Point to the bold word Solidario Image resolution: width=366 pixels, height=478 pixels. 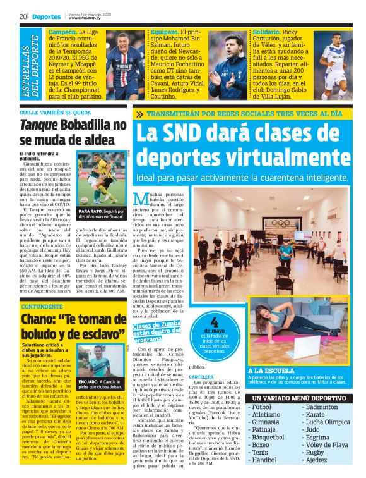[x=268, y=31]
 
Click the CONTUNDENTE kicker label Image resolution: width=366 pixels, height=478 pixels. [x=42, y=306]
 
